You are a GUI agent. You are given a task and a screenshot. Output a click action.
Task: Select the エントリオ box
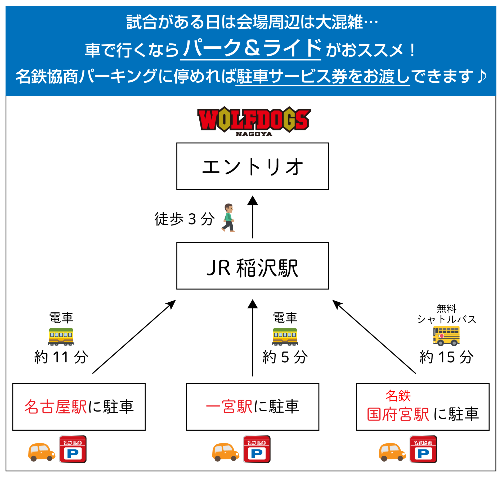coord(252,166)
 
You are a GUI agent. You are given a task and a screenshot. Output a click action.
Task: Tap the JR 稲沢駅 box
coord(252,266)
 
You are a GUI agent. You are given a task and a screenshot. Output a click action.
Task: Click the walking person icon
coord(228,218)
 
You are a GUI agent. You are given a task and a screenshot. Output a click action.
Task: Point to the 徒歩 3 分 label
coord(184,219)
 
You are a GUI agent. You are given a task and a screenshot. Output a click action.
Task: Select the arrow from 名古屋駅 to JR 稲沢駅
coord(134,337)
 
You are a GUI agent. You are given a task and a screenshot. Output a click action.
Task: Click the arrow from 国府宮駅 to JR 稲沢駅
coord(374,337)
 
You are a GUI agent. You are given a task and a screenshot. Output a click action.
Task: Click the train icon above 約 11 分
coord(61,337)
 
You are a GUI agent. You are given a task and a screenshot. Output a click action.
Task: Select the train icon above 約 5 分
coord(285,337)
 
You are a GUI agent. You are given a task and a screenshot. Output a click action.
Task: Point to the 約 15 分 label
coord(446,357)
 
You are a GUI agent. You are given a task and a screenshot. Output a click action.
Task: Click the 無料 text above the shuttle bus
coord(446,308)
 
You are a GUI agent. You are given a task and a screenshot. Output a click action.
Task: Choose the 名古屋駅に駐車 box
coord(79,407)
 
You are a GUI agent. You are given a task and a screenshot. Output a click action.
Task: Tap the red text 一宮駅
coord(229,406)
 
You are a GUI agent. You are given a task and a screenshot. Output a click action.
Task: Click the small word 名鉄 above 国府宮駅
coord(398,396)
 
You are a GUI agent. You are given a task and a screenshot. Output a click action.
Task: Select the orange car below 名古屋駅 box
coord(42,452)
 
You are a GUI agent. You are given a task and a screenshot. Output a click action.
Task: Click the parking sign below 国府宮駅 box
coord(423,449)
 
